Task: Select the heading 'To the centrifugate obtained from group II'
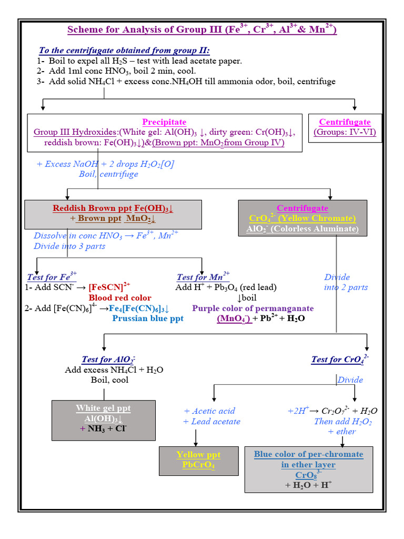[x=124, y=51]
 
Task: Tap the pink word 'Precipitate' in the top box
[x=164, y=122]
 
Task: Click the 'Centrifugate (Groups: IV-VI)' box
[x=345, y=127]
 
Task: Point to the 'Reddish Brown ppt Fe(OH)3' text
[x=113, y=208]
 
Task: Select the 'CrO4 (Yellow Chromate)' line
[x=302, y=218]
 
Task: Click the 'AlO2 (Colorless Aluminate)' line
[x=302, y=229]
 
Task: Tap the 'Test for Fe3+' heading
[x=52, y=277]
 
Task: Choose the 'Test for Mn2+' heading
[x=203, y=277]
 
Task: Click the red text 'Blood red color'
[x=120, y=298]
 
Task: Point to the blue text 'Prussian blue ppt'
[x=148, y=318]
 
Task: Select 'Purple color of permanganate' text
[x=252, y=308]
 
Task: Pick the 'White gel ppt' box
[x=104, y=419]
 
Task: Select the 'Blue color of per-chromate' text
[x=308, y=454]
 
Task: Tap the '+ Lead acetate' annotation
[x=211, y=422]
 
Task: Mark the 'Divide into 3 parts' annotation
[x=69, y=246]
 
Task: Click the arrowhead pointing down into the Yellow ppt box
[x=196, y=444]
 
